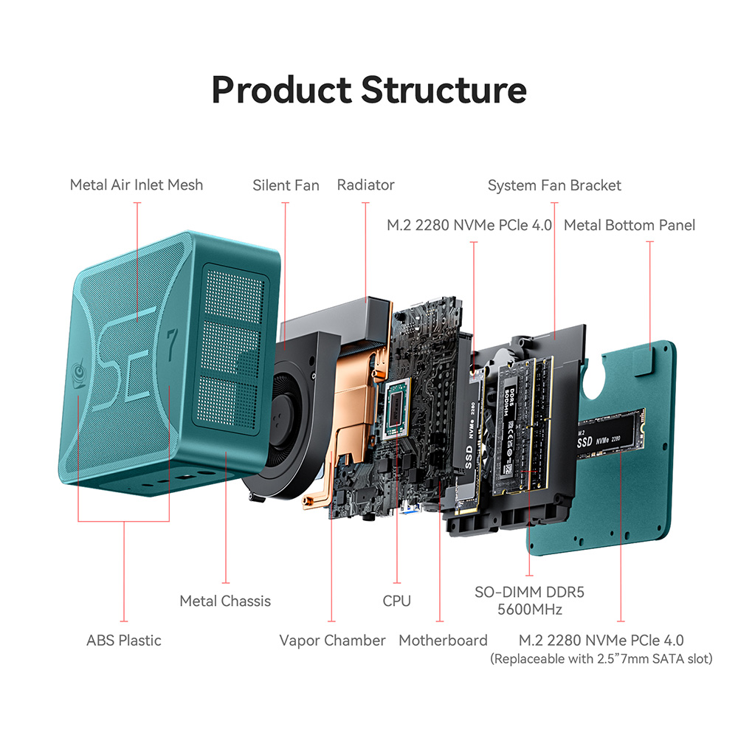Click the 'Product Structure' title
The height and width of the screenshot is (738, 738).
click(369, 90)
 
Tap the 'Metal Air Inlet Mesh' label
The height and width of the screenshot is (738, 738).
click(136, 184)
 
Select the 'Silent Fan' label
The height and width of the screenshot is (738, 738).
click(286, 184)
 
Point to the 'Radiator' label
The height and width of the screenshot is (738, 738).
click(365, 184)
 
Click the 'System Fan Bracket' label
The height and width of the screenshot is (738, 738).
click(554, 184)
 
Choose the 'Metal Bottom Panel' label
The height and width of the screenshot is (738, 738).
click(629, 225)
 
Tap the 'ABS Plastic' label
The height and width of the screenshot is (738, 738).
click(123, 640)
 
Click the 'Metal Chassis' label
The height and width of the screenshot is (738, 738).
click(225, 601)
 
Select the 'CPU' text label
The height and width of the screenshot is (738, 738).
click(397, 601)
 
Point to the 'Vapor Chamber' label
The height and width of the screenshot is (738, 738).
click(332, 640)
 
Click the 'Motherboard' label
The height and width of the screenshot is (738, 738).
click(443, 640)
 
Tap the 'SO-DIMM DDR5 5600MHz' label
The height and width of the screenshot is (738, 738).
click(530, 600)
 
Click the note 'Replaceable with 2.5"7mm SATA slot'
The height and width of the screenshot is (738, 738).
click(601, 658)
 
